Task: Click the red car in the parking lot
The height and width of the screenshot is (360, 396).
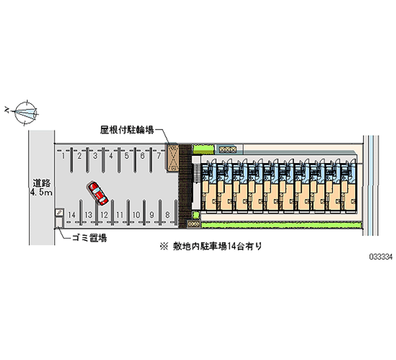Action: (98, 193)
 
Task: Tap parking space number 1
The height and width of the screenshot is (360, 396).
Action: (63, 156)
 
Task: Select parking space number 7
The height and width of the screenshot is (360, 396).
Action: (158, 156)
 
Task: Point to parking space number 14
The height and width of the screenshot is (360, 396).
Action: (72, 215)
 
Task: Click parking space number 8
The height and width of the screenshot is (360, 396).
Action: (167, 215)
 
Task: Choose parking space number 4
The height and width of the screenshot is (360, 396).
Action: (111, 156)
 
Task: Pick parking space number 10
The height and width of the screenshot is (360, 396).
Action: (136, 215)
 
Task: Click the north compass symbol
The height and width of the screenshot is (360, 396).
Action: (26, 113)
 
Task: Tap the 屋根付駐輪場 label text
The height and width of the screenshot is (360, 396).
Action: (127, 130)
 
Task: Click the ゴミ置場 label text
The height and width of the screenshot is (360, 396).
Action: (90, 238)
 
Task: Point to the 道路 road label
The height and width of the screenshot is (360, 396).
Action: (42, 183)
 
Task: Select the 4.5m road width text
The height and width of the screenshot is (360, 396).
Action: (42, 193)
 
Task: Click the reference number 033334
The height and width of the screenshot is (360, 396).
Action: (381, 257)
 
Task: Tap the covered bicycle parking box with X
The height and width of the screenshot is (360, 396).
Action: (172, 157)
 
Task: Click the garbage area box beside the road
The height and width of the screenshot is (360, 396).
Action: (59, 222)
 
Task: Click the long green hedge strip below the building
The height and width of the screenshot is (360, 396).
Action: (281, 225)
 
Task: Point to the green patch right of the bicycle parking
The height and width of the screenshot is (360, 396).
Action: (203, 149)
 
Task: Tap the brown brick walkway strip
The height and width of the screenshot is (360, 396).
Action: (185, 186)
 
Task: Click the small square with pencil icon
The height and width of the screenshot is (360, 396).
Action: (59, 212)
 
